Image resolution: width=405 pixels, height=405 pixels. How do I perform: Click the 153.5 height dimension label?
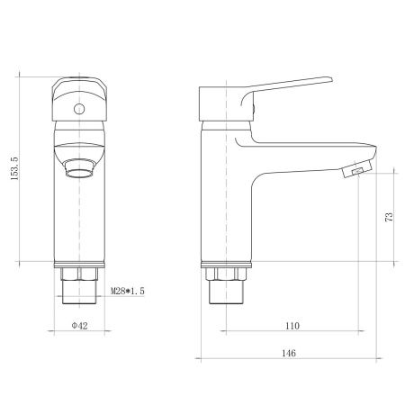tap(13, 165)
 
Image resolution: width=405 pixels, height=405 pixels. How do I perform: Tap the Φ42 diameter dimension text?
tap(79, 327)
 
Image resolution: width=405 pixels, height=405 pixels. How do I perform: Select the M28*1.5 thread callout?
tap(127, 291)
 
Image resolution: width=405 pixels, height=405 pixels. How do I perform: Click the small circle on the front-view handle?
tap(78, 110)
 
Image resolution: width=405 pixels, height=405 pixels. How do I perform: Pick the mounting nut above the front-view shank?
tap(79, 271)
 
